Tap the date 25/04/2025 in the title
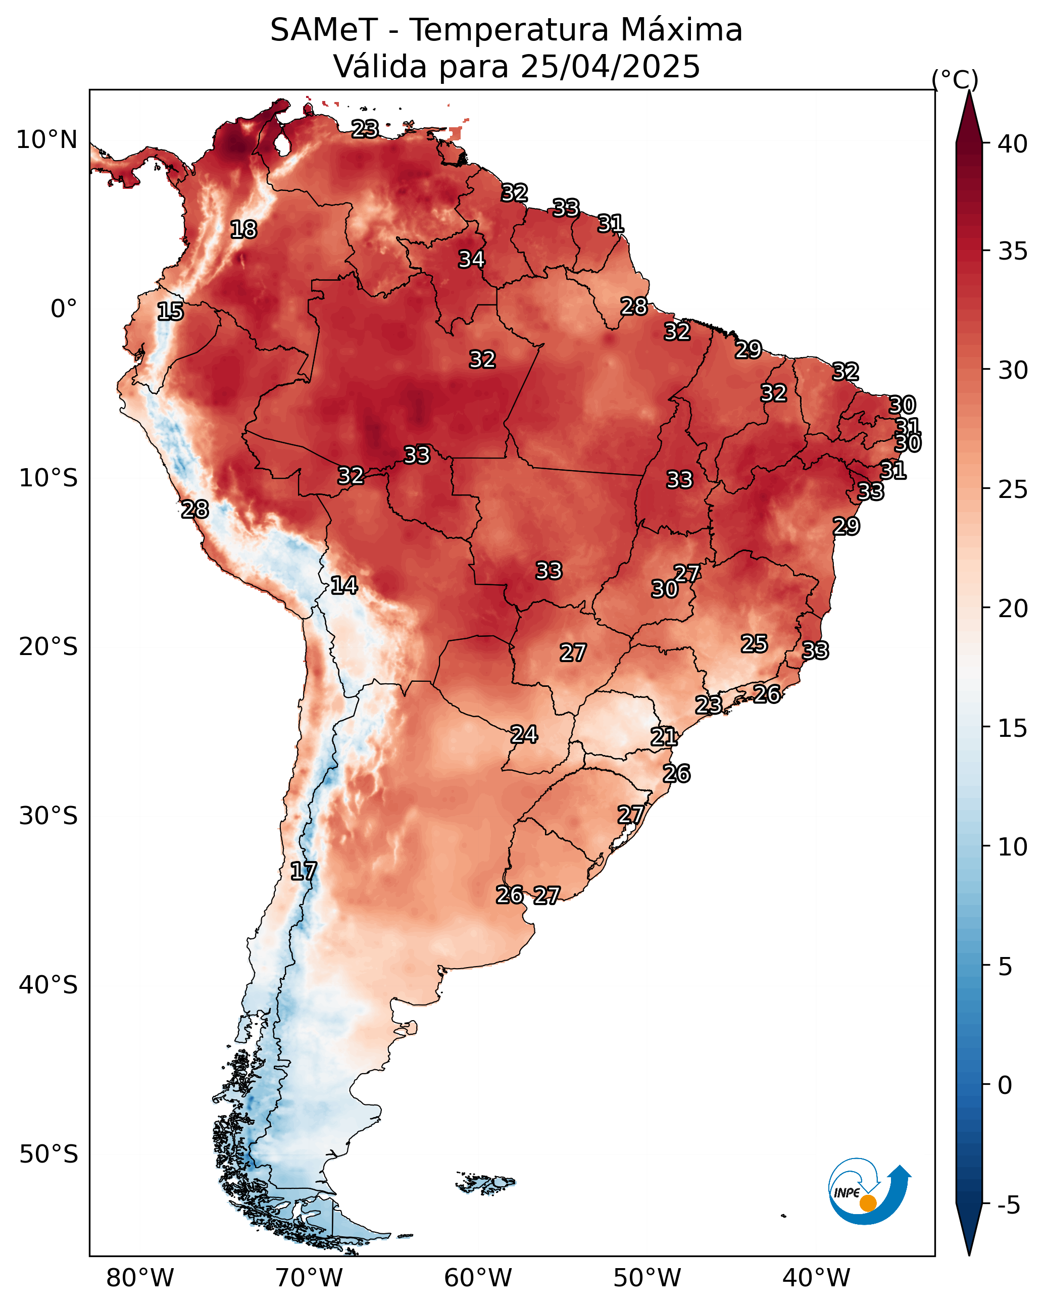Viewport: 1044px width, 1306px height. (x=610, y=67)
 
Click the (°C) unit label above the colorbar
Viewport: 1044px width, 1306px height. (x=955, y=79)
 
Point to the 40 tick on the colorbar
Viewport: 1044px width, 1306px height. (x=1013, y=144)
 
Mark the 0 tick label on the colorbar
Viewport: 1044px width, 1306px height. (x=1005, y=1085)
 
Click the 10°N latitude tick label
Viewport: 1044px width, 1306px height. (x=47, y=140)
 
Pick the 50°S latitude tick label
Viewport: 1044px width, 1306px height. (x=48, y=1154)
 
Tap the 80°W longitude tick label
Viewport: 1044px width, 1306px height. (x=140, y=1278)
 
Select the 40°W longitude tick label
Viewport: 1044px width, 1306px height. (x=816, y=1278)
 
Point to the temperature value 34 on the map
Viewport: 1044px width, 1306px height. (x=471, y=259)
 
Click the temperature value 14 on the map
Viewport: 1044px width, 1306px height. (x=344, y=585)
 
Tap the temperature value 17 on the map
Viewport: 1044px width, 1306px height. (x=304, y=871)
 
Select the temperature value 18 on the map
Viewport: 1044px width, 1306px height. (x=243, y=230)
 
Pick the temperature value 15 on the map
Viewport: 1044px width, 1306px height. (x=170, y=312)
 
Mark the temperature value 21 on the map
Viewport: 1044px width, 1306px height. (x=664, y=737)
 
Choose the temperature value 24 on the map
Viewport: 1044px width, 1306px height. (x=524, y=734)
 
